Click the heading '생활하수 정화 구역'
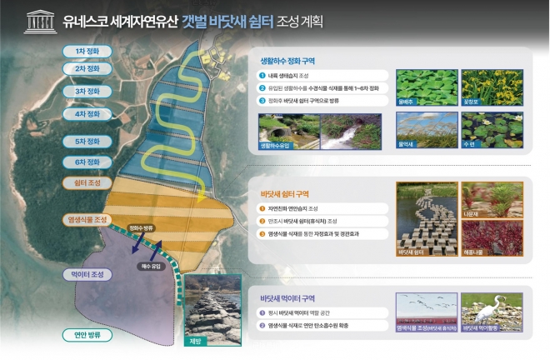point(287,61)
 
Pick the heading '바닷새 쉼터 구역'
point(287,192)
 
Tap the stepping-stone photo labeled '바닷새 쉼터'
point(424,220)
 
